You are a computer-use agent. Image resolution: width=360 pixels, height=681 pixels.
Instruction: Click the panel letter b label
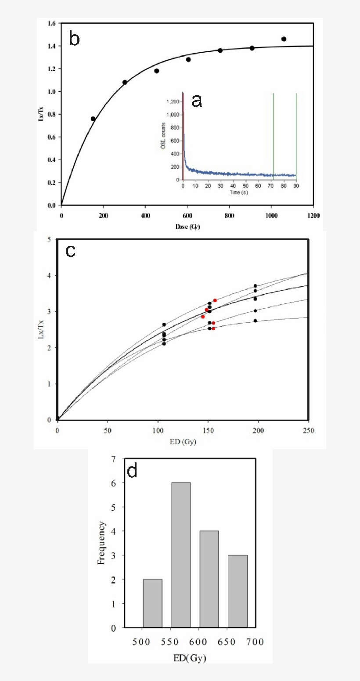coord(75,39)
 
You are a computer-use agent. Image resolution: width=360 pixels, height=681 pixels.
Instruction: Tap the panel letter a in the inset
coord(197,101)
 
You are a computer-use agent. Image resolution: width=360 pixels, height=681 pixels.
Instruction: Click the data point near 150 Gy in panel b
coord(93,119)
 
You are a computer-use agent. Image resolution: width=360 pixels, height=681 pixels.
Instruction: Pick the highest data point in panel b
coord(284,39)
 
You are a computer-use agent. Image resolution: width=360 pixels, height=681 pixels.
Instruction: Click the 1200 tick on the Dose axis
coord(313,216)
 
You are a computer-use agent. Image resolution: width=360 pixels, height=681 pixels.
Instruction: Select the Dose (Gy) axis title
coord(187,227)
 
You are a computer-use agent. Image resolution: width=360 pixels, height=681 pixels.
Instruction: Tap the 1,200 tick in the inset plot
coord(174,102)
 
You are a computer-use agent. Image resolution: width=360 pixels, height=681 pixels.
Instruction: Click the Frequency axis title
coord(101,542)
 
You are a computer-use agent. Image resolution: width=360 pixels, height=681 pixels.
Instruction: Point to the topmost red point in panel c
coord(215,300)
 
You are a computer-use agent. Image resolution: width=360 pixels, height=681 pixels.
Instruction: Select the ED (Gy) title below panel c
coord(181,441)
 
